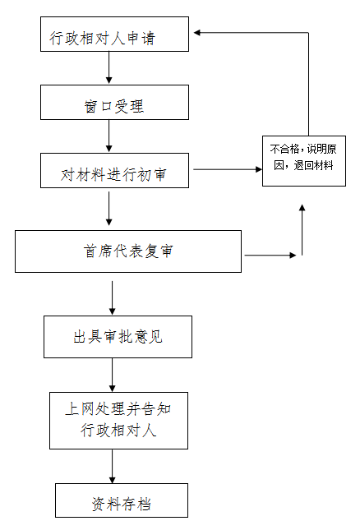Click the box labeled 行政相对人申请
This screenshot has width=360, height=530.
pos(114,35)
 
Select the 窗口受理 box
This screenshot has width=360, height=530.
pos(114,103)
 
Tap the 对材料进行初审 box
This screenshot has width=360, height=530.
pos(114,170)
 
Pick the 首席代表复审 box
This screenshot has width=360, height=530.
pos(128,251)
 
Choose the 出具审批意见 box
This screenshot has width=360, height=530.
pos(118,337)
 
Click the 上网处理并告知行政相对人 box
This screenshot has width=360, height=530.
pos(118,421)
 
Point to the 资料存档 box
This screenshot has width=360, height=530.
pos(122,500)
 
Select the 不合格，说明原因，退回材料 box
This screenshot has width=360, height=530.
pos(304,161)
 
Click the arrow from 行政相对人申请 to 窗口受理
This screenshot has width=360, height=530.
pos(108,67)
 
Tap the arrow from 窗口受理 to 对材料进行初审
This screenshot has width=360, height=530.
pos(108,136)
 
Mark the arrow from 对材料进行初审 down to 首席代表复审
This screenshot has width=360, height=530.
pos(108,209)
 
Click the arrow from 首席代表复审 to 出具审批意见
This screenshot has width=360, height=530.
pos(113,297)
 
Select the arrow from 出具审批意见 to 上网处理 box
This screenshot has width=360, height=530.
pos(113,375)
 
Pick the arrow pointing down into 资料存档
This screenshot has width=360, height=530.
pos(113,466)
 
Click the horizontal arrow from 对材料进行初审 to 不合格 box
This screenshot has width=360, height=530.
pos(228,169)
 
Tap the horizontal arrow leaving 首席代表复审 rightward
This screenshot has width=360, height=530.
pos(270,256)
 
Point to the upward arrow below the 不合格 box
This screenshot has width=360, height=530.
pos(302,229)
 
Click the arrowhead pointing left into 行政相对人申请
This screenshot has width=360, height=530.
pos(197,32)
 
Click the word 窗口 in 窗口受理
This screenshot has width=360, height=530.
pos(98,107)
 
